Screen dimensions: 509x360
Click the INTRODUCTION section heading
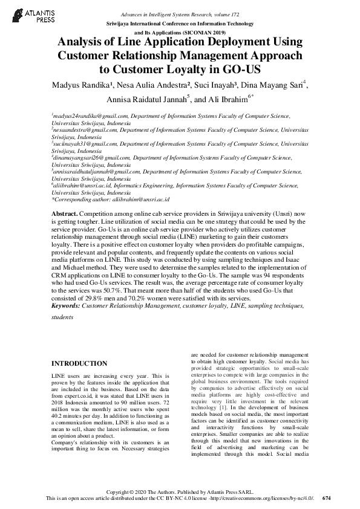point(79,364)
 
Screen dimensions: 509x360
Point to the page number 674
point(327,498)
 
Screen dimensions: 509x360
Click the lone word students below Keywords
point(62,316)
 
